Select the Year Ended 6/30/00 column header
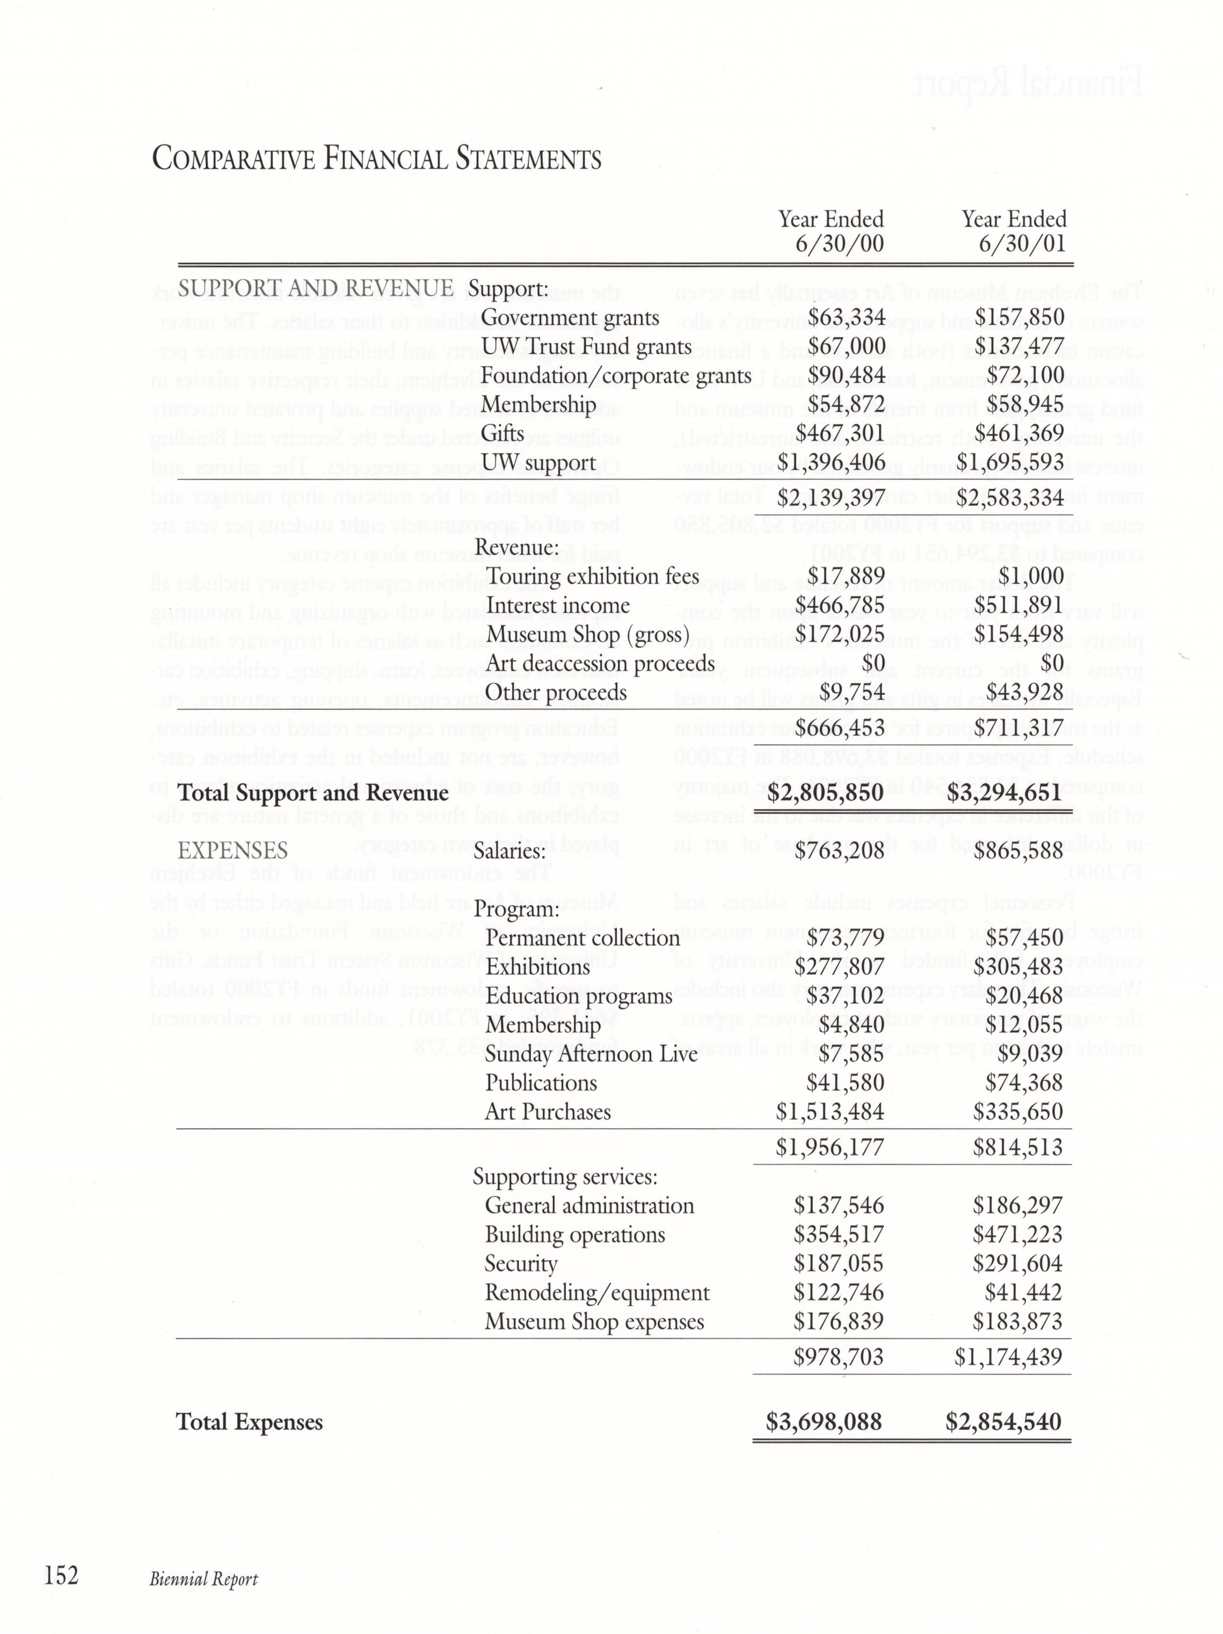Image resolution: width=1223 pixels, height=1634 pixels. [x=831, y=231]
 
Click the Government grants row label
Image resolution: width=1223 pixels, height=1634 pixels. [x=570, y=318]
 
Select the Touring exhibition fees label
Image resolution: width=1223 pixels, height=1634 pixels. [x=592, y=576]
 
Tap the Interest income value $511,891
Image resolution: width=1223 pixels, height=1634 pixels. [x=1019, y=605]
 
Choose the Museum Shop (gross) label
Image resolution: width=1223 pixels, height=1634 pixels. [x=587, y=635]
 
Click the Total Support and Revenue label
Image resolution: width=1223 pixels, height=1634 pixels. [x=313, y=793]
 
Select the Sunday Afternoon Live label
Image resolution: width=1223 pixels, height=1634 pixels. [x=591, y=1054]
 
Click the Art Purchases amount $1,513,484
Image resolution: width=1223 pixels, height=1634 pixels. [x=829, y=1112]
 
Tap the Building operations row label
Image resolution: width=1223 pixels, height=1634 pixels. [x=574, y=1234]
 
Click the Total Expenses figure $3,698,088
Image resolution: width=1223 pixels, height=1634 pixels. [x=824, y=1422]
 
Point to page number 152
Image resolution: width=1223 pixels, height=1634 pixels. [x=61, y=1575]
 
